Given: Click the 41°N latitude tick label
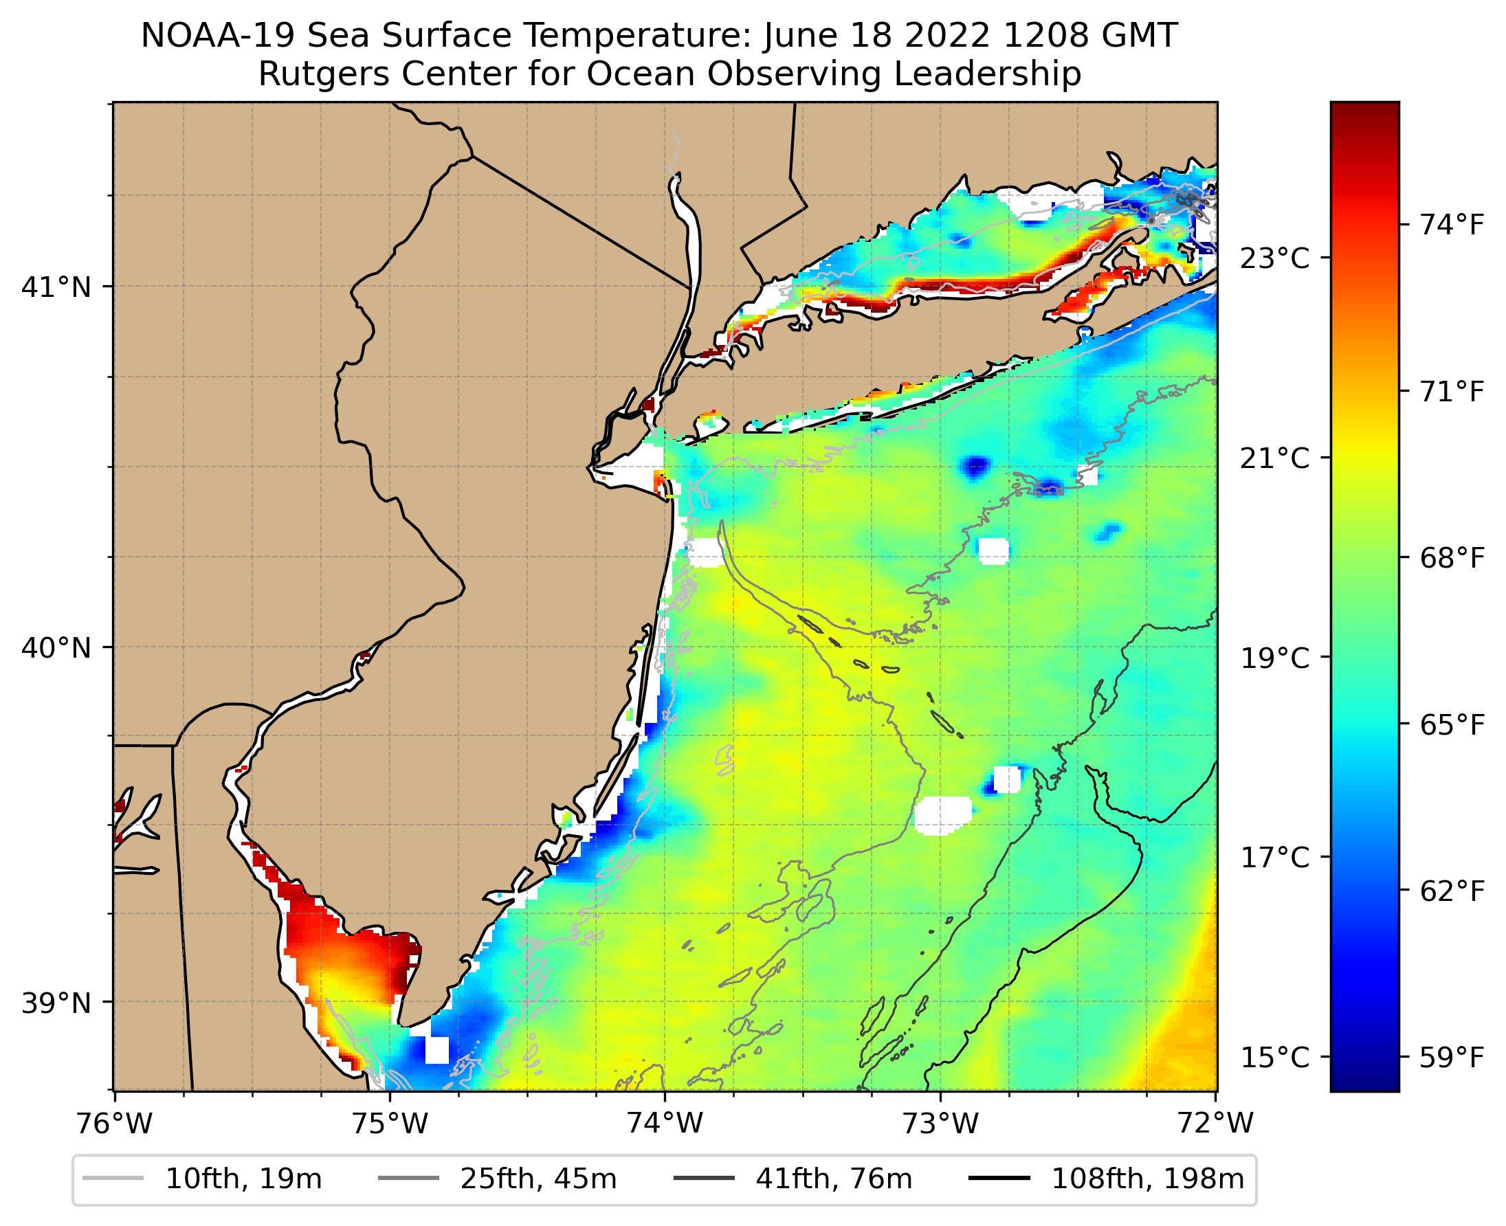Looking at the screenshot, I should pos(56,287).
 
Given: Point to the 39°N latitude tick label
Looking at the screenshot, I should pos(56,1003).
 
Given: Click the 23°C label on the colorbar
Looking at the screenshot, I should pos(1275,258).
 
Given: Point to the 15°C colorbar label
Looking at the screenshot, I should pos(1275,1058).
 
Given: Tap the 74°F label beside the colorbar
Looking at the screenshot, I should pos(1452,225).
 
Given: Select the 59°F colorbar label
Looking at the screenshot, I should pos(1452,1058).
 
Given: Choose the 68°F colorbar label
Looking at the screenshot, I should pos(1452,559).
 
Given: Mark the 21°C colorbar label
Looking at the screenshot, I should pos(1275,458).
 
